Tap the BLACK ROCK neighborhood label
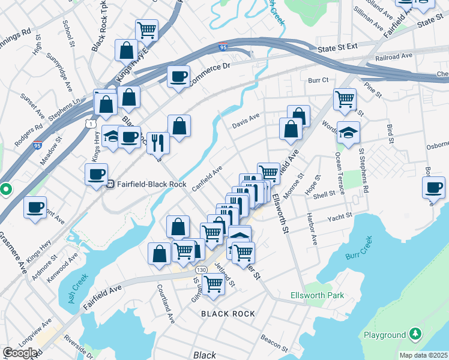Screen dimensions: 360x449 click(228, 314)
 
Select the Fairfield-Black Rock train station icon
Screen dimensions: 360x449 click(110, 185)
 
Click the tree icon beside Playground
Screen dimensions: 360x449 click(415, 334)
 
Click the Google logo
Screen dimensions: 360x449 click(20, 353)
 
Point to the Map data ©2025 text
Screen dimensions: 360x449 click(423, 355)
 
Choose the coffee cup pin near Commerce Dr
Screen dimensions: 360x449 click(179, 77)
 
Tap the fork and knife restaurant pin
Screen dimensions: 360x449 click(158, 142)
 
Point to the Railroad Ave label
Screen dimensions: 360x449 click(394, 56)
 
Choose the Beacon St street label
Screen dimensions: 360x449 click(274, 340)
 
